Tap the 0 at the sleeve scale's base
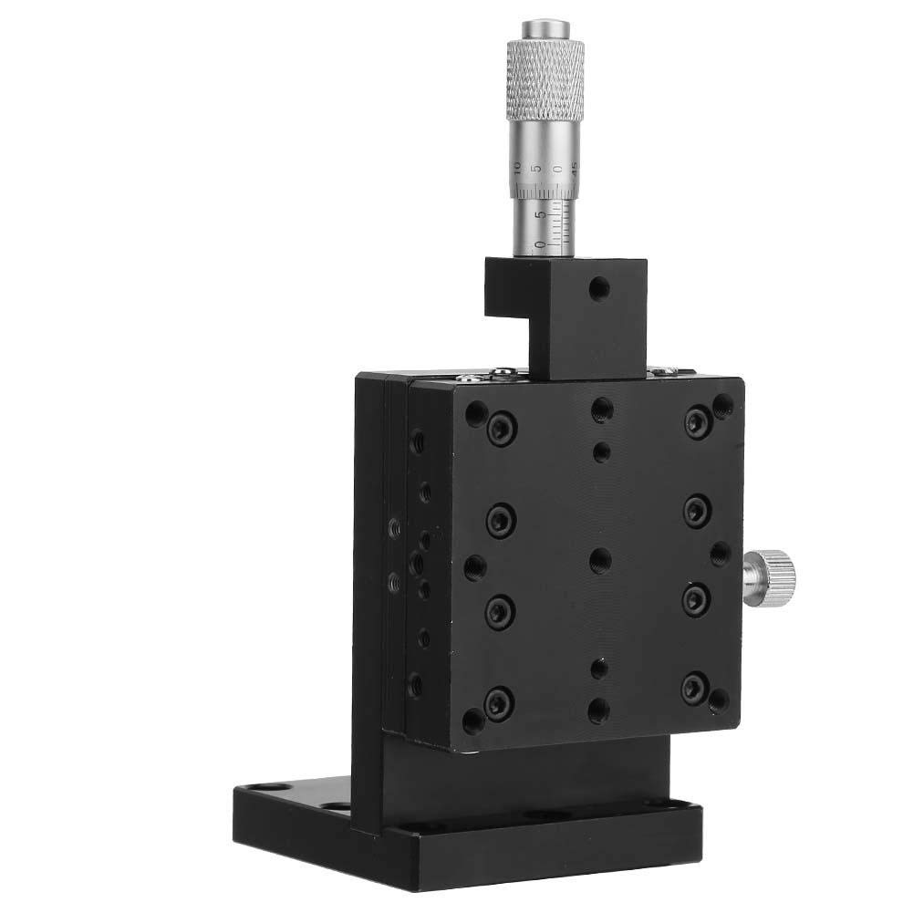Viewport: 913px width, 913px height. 541,244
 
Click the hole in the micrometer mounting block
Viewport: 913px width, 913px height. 598,290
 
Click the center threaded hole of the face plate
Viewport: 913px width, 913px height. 599,558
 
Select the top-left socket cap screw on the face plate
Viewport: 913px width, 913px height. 500,429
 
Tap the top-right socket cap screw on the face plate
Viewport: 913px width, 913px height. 697,420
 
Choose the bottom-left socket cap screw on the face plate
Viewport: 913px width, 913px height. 498,701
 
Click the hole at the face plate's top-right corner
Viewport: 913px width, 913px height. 723,406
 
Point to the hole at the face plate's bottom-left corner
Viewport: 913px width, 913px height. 472,721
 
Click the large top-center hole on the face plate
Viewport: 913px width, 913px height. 601,410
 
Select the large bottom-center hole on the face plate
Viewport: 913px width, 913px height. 598,709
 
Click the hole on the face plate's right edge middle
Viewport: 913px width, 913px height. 720,553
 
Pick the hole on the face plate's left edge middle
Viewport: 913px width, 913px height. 474,568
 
